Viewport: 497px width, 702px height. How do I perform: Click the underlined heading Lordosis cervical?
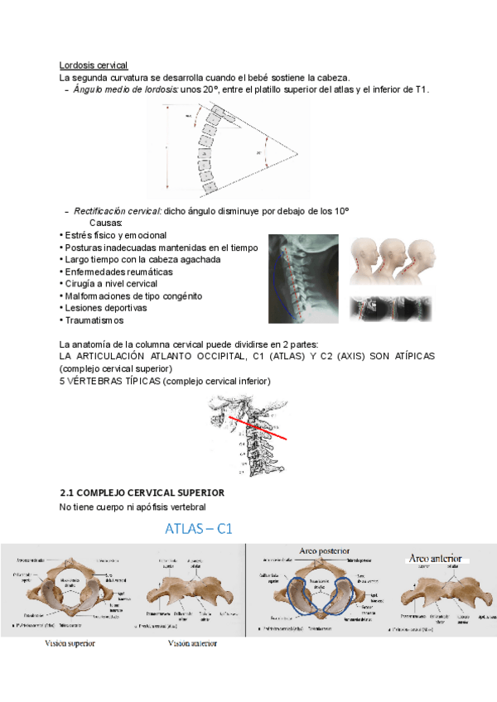click(93, 65)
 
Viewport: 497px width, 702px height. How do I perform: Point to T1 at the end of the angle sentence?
click(421, 89)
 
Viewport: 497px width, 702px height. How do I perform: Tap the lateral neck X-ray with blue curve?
click(303, 279)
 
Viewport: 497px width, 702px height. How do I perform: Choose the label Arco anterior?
click(434, 559)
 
